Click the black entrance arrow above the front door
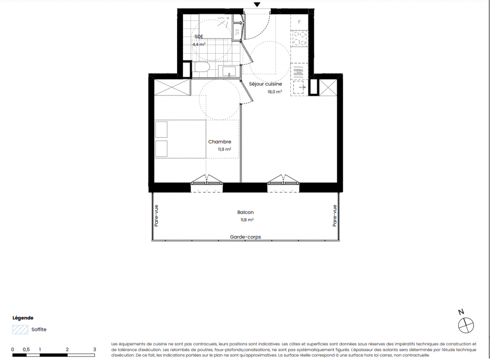coord(257,4)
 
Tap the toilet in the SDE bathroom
coord(202,67)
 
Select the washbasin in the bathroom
coord(229,72)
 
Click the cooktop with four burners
coord(299,38)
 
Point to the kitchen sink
coord(299,87)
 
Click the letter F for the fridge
coord(299,22)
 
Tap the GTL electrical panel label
coord(237,32)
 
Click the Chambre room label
coord(220,142)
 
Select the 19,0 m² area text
coord(275,92)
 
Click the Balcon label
coord(245,212)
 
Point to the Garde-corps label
coord(245,237)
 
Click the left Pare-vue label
coord(156,216)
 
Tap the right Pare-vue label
coord(335,216)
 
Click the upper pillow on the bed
coord(161,129)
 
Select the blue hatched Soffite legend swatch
coord(20,329)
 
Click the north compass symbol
coord(466,325)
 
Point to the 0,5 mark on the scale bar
coord(26,349)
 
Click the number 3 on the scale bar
coord(95,349)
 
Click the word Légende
coord(23,318)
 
